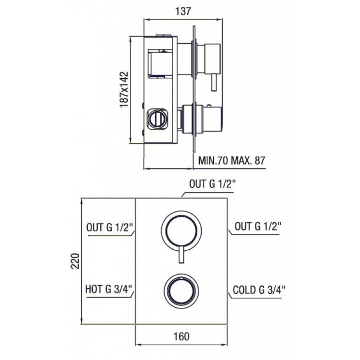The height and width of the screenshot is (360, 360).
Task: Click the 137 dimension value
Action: tap(183, 11)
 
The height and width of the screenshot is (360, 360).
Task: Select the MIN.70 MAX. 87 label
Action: tap(232, 161)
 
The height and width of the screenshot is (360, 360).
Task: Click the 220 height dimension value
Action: tap(75, 261)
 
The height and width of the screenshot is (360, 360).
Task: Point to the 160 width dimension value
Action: tap(181, 336)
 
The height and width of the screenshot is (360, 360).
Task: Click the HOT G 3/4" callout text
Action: tap(109, 289)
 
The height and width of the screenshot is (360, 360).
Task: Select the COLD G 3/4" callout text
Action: tap(259, 290)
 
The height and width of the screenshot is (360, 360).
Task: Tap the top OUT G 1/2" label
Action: tap(212, 184)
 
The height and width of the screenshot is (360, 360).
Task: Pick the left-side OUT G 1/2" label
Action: tap(110, 228)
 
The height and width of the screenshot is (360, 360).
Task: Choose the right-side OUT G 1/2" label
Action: tap(258, 227)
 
